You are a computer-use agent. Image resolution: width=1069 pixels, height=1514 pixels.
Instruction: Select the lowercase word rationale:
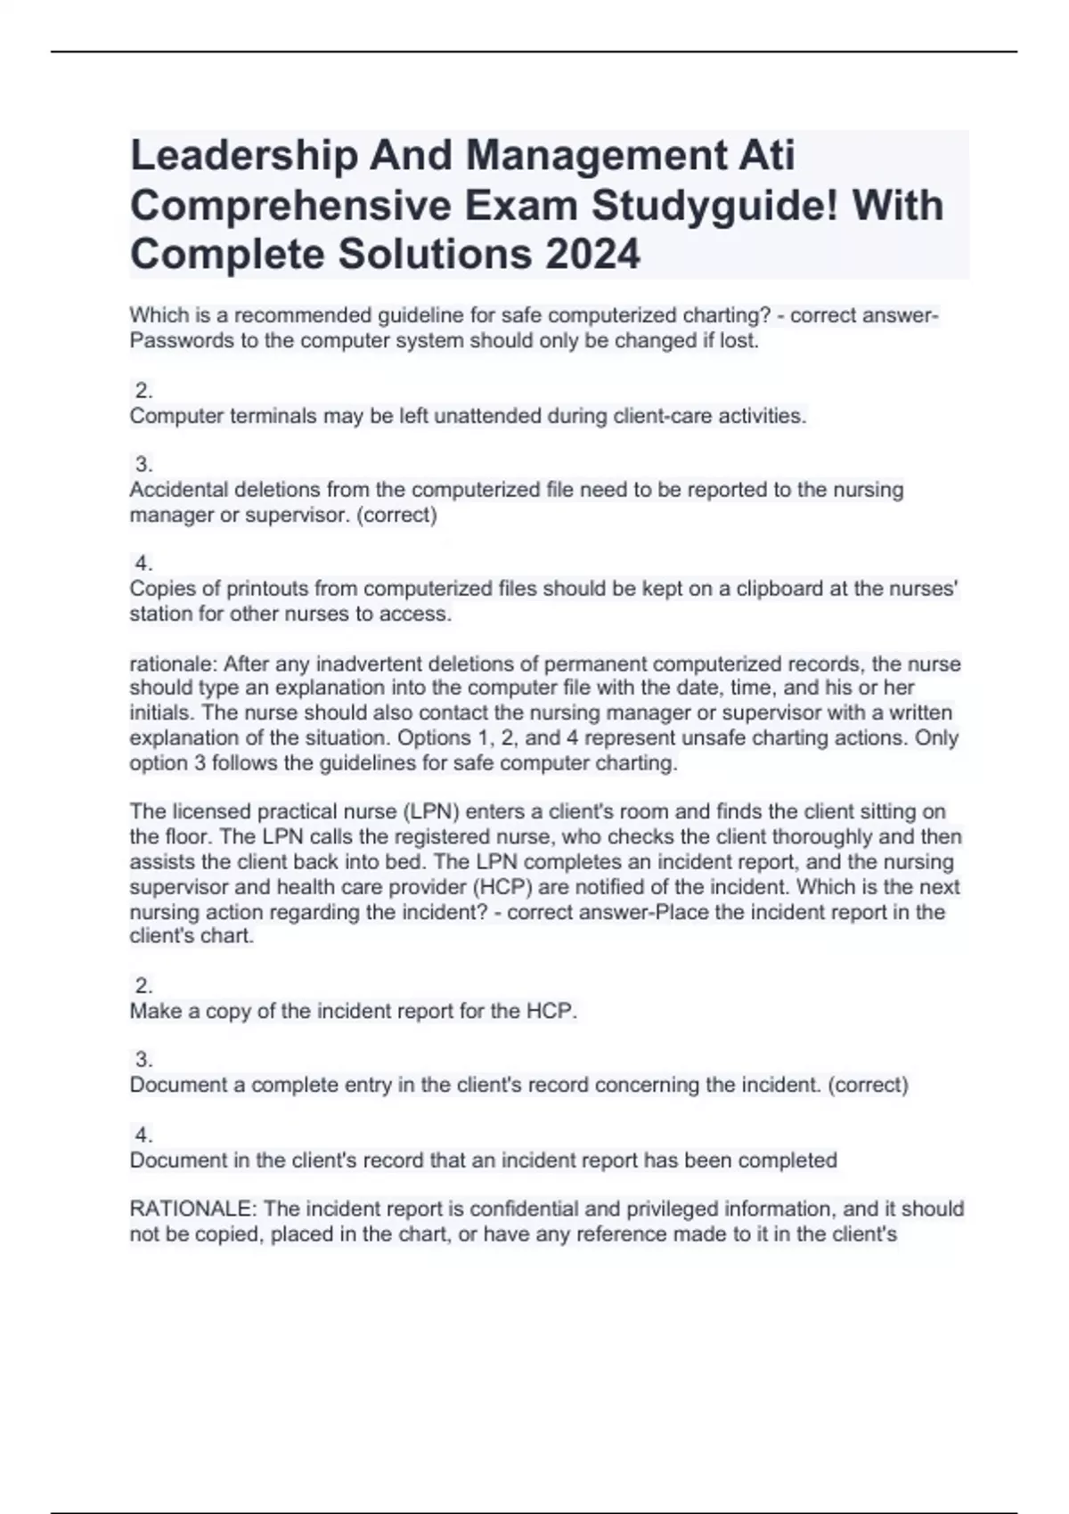[174, 664]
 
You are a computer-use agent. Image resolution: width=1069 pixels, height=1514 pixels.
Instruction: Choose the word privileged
[660, 1209]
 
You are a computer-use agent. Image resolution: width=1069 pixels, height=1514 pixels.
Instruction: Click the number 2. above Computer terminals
[143, 390]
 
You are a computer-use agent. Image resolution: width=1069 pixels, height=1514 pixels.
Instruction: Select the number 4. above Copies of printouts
[143, 563]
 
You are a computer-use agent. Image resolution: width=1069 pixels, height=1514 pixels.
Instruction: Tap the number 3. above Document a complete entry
[143, 1060]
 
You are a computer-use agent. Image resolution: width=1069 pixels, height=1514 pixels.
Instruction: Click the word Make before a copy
[154, 1012]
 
